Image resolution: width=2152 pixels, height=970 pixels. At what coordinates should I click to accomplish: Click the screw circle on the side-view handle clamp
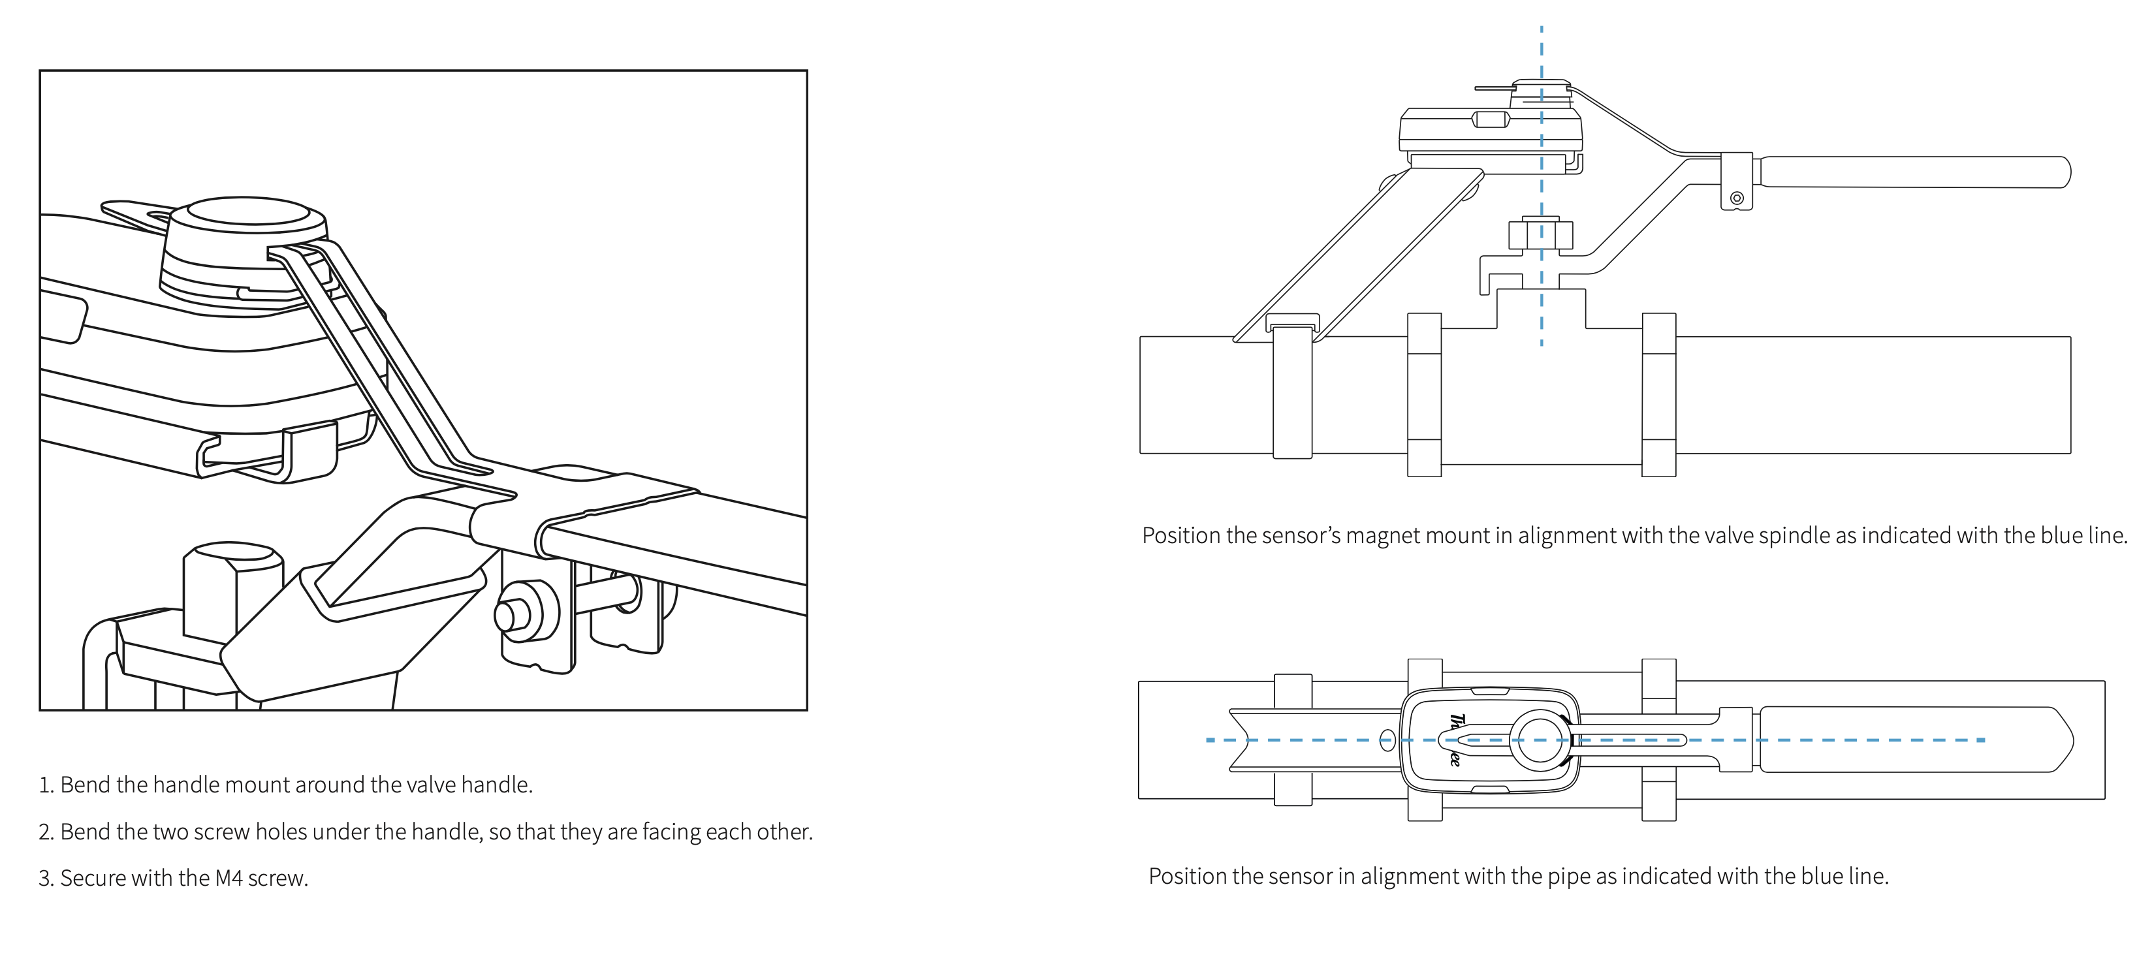[1737, 198]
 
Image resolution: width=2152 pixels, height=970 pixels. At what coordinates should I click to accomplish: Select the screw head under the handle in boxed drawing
[509, 615]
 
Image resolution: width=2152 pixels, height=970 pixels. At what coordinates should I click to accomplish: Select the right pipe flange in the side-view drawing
[1658, 394]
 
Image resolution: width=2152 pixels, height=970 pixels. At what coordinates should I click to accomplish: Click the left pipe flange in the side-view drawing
[1425, 394]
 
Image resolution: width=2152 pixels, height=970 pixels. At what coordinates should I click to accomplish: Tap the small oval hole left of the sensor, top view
[1387, 740]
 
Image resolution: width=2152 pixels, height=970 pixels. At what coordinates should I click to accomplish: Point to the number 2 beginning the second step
[45, 832]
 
